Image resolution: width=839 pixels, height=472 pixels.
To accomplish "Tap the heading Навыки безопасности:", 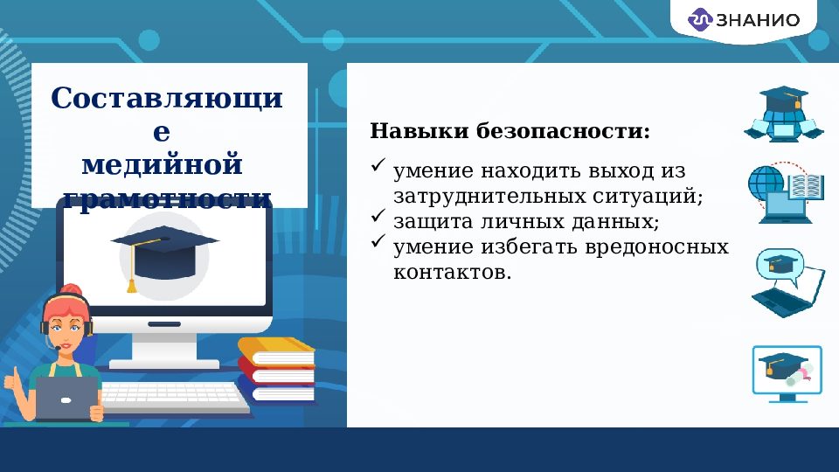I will pyautogui.click(x=510, y=132).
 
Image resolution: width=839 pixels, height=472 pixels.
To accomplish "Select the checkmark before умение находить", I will pyautogui.click(x=378, y=164).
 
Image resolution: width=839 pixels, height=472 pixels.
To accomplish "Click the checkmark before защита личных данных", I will pyautogui.click(x=378, y=215).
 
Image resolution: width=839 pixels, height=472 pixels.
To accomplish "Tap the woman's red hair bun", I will pyautogui.click(x=73, y=290).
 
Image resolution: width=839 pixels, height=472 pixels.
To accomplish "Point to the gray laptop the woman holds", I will pyautogui.click(x=66, y=400).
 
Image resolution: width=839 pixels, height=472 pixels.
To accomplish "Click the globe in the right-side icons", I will pyautogui.click(x=765, y=182).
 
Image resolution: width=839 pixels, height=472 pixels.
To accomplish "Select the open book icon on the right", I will pyautogui.click(x=806, y=185).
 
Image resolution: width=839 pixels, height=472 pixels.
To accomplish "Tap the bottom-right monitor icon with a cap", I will pyautogui.click(x=787, y=371).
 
